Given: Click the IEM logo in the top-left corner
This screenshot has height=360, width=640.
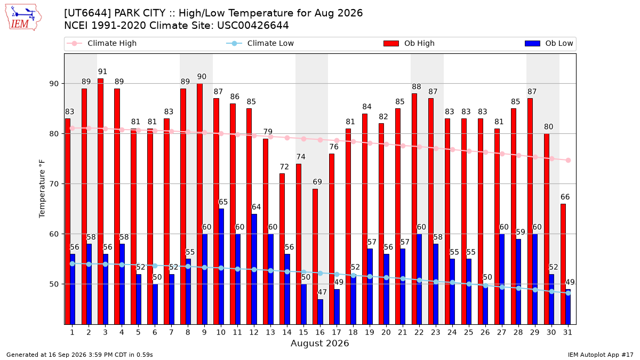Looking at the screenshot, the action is [23, 18].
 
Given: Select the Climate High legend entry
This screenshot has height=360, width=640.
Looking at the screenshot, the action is [101, 43].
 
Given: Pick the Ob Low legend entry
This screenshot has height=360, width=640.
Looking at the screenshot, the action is [549, 43].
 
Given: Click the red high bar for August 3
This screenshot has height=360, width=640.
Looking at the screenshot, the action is [101, 202].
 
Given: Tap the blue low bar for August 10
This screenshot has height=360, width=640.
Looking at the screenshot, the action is [221, 267].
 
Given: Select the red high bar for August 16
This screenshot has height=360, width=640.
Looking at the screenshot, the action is [315, 257].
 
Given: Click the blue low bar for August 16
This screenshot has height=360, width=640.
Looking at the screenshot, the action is [321, 311].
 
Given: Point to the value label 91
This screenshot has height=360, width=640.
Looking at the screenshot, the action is [102, 71].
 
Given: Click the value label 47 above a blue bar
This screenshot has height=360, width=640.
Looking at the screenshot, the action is [322, 292].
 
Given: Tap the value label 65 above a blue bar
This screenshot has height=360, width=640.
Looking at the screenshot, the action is [223, 202].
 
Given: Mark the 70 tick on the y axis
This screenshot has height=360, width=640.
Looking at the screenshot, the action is [54, 184].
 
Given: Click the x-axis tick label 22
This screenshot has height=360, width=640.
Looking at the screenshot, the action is [419, 332].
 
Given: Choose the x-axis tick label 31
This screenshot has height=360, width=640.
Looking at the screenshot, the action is [567, 332].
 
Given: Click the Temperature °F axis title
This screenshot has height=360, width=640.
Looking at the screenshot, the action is [42, 189].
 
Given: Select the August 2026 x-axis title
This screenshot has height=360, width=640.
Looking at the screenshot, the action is [319, 343].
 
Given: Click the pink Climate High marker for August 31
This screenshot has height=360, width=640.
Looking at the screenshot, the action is [569, 161].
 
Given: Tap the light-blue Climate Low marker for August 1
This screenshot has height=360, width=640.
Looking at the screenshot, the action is [73, 263].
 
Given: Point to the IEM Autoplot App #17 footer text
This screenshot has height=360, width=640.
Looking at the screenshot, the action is [601, 355].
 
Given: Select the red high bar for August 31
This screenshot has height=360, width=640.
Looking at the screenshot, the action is [563, 264].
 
